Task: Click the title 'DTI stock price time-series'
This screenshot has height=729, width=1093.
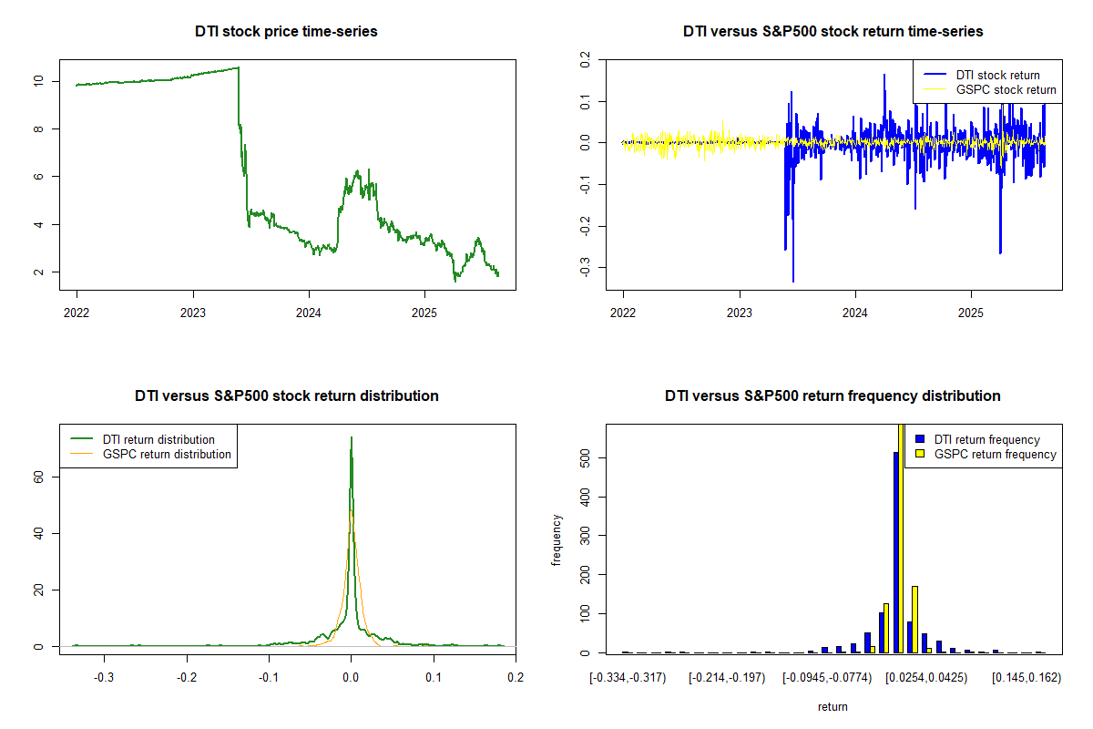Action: click(x=286, y=31)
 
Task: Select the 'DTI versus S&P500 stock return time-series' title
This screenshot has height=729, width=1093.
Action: click(x=833, y=31)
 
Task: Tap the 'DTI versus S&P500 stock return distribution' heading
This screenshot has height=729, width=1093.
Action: click(x=286, y=395)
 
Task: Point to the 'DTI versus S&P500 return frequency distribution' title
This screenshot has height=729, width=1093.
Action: click(x=833, y=395)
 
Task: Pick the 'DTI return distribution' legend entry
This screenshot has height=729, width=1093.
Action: click(x=158, y=439)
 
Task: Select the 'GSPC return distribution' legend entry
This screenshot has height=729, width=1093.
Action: click(x=167, y=454)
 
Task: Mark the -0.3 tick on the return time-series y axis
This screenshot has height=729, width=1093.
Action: click(x=585, y=267)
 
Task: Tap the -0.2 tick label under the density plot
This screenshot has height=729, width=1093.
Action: click(x=186, y=677)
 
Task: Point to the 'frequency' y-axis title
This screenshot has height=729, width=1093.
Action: click(x=557, y=539)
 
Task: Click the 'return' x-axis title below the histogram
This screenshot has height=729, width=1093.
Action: click(x=833, y=706)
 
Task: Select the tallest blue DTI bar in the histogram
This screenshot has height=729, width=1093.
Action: click(x=896, y=552)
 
